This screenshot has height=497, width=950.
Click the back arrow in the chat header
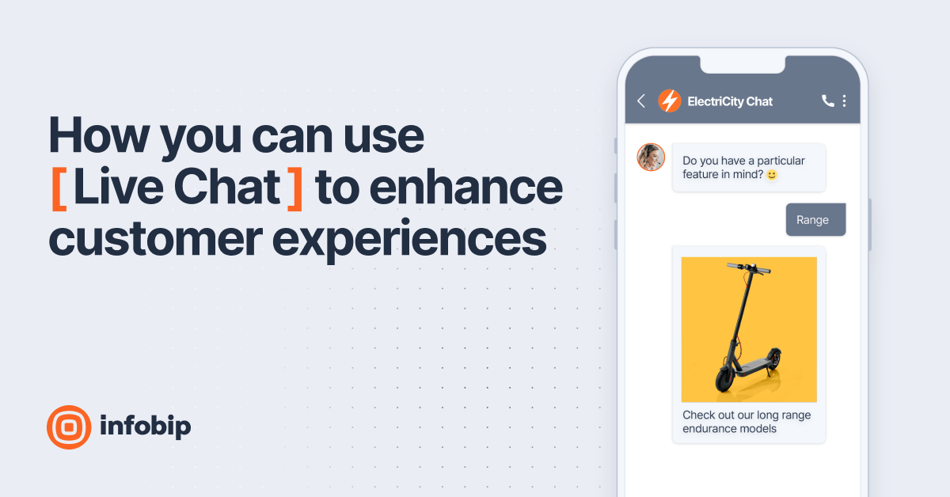coord(641,101)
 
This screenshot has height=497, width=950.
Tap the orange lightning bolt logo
coord(670,101)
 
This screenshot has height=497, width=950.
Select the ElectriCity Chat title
coord(730,101)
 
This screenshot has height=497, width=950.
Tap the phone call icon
coord(827,101)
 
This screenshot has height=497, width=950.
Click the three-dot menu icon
coord(845,101)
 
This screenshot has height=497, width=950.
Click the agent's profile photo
coord(651,157)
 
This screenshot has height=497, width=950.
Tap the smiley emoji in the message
coord(772,175)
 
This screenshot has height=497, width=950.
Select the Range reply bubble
coord(815,220)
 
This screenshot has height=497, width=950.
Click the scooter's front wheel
coord(724,379)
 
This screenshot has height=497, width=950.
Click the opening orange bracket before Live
coord(58,188)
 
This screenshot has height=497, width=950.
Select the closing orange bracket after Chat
coord(294,188)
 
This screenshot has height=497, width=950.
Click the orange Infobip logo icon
coord(69,427)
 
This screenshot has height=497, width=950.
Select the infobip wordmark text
coord(146,427)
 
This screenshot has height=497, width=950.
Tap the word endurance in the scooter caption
coord(712,429)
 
